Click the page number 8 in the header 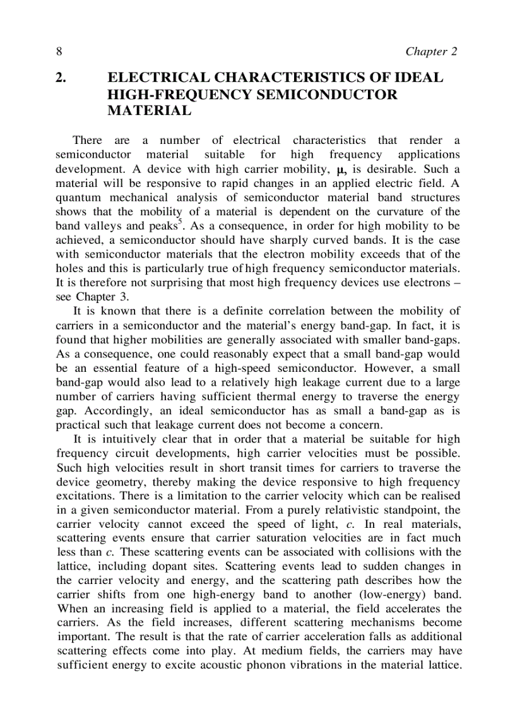tap(58, 51)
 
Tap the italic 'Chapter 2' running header tap(431, 51)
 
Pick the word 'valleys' tap(102, 225)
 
